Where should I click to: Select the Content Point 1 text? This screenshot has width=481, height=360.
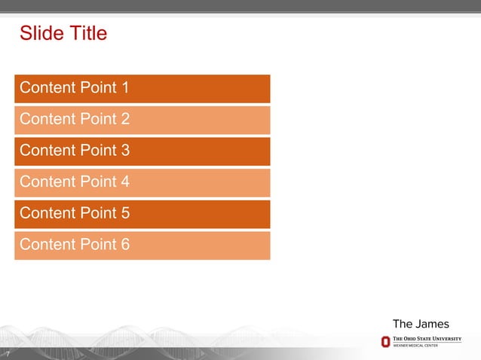click(x=74, y=88)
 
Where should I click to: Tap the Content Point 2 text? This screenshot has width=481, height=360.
click(x=74, y=119)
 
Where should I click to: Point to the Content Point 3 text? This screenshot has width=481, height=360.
click(x=74, y=151)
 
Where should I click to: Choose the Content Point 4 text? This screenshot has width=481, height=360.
click(x=74, y=182)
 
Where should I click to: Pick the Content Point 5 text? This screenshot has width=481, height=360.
click(x=74, y=213)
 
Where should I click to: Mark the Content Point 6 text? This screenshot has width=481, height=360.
click(x=74, y=245)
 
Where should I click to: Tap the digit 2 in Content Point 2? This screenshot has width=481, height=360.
click(x=124, y=119)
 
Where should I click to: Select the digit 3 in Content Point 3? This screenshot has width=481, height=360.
click(x=124, y=151)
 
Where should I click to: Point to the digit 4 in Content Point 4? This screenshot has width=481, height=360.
click(x=124, y=182)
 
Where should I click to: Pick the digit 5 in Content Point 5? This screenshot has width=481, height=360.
click(x=124, y=213)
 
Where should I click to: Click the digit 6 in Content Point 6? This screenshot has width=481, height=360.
click(x=124, y=245)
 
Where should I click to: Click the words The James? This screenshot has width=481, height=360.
click(x=421, y=324)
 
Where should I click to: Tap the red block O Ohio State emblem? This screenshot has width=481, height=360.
click(x=385, y=342)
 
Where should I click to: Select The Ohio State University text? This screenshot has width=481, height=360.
click(x=427, y=340)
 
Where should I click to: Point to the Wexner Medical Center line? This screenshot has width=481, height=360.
click(x=415, y=346)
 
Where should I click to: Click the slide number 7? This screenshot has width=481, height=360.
click(x=7, y=354)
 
